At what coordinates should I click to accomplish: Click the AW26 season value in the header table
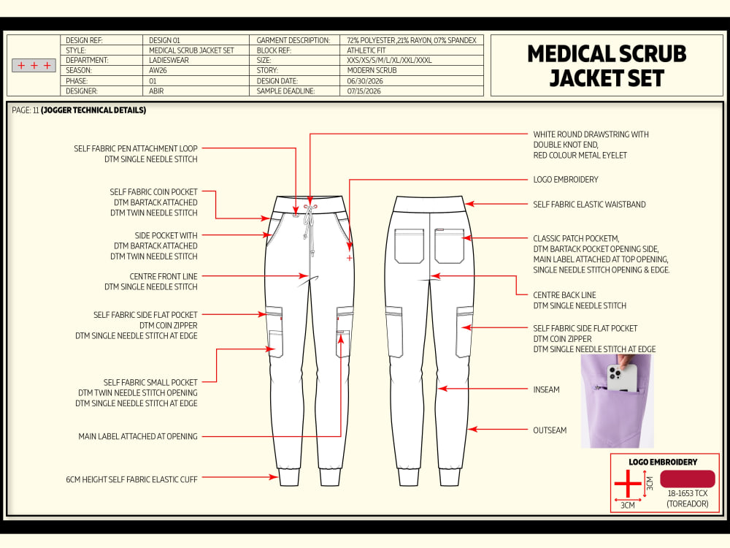158,70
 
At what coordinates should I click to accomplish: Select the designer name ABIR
156,91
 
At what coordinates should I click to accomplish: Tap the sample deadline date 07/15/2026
364,91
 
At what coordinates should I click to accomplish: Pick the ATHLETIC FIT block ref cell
366,50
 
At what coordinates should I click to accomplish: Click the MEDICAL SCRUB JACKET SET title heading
607,66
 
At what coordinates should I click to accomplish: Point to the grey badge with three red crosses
34,66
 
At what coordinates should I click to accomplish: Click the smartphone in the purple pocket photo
623,378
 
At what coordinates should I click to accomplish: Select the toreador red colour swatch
688,479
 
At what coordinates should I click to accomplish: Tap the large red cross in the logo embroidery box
628,484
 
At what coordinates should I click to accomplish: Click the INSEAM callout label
546,389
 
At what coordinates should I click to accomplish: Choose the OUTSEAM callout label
550,430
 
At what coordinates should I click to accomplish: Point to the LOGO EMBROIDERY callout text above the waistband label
566,180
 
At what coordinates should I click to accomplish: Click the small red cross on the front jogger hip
350,258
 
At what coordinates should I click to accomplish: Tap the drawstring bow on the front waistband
308,207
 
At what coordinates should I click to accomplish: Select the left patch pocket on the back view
409,246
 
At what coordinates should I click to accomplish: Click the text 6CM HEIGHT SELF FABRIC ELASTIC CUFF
131,479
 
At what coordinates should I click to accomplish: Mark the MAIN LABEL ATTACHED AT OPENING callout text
138,437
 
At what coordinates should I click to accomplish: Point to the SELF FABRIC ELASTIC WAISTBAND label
589,204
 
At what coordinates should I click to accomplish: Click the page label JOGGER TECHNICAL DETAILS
93,110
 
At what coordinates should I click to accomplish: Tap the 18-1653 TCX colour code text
688,493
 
